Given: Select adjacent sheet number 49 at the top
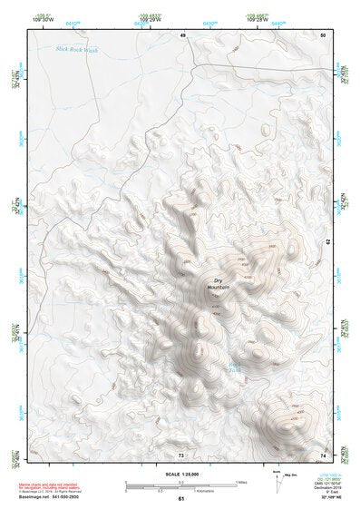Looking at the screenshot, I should [x=182, y=34].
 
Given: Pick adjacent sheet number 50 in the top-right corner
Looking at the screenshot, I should [x=323, y=34].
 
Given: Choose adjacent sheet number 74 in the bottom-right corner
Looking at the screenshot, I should [x=323, y=455].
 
